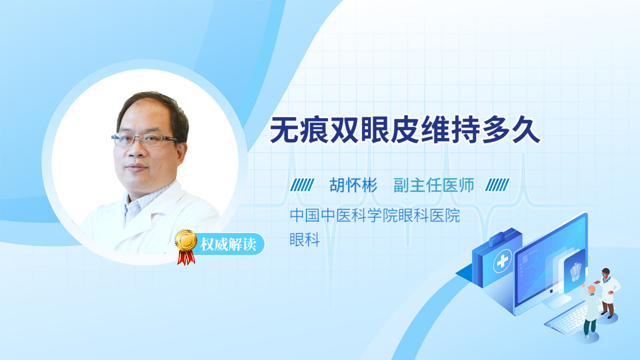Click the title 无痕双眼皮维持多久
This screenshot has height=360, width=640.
pyautogui.click(x=405, y=130)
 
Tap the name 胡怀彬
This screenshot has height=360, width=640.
pyautogui.click(x=354, y=185)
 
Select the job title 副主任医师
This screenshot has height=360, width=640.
pyautogui.click(x=434, y=185)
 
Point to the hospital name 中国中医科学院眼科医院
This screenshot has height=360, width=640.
pyautogui.click(x=375, y=216)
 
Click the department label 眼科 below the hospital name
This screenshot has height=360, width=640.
pyautogui.click(x=304, y=240)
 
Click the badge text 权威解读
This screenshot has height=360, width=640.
pyautogui.click(x=228, y=244)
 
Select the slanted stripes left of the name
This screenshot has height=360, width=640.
pyautogui.click(x=302, y=185)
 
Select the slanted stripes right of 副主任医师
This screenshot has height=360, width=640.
pyautogui.click(x=497, y=185)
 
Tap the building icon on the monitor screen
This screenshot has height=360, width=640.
pyautogui.click(x=575, y=272)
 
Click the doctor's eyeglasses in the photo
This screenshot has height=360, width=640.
pyautogui.click(x=144, y=140)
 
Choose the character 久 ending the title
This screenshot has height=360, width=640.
pyautogui.click(x=526, y=130)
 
